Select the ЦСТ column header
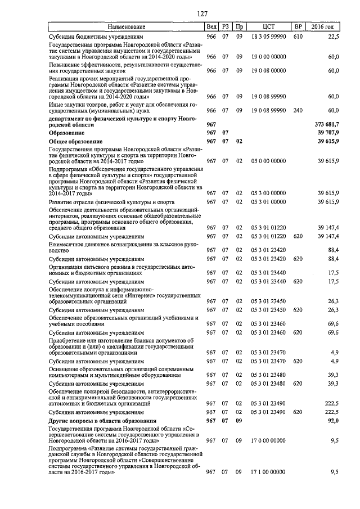point(268,27)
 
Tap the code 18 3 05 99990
point(268,36)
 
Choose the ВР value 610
point(298,36)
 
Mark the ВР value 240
point(298,111)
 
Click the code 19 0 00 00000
point(268,57)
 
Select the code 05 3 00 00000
point(268,193)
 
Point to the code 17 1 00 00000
point(268,472)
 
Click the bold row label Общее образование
point(75,141)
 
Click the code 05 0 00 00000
point(268,161)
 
